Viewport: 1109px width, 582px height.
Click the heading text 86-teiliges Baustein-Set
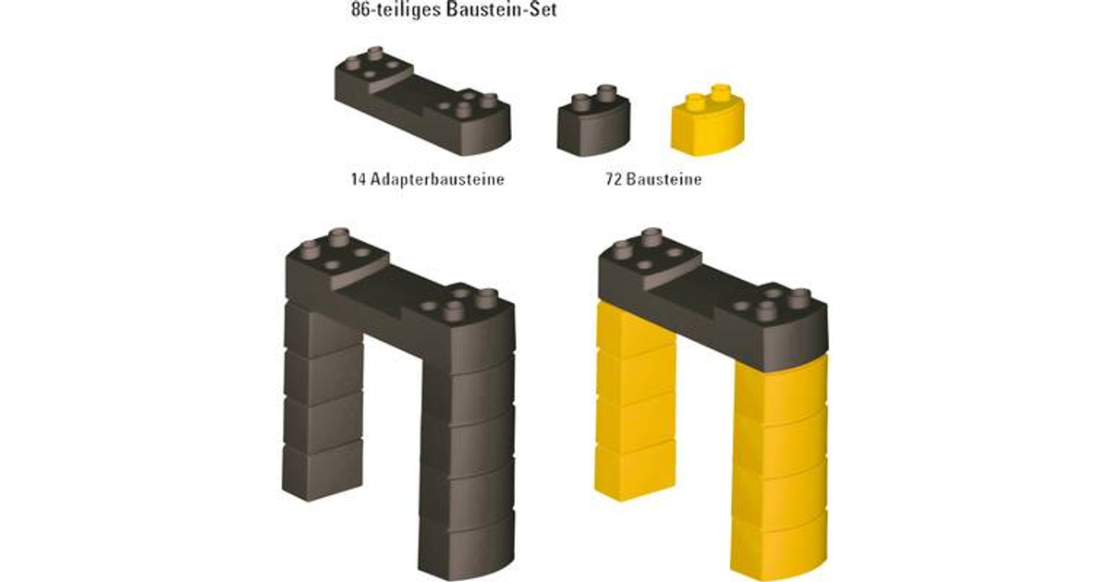pyautogui.click(x=454, y=10)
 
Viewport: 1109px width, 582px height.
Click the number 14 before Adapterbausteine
pyautogui.click(x=359, y=179)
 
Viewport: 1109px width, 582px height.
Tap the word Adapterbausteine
pyautogui.click(x=437, y=179)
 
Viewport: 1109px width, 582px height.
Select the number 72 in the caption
pyautogui.click(x=614, y=179)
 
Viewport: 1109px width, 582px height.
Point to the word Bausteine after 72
pyautogui.click(x=664, y=179)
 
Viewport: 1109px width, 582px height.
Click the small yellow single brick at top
pyautogui.click(x=708, y=121)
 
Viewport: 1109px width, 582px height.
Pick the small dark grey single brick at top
pyautogui.click(x=593, y=121)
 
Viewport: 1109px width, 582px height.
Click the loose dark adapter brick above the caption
pyautogui.click(x=422, y=102)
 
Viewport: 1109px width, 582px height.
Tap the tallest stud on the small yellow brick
pyautogui.click(x=721, y=93)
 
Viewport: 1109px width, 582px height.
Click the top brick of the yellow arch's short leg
pyautogui.click(x=636, y=329)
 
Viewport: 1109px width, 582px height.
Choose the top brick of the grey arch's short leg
pyautogui.click(x=323, y=329)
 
